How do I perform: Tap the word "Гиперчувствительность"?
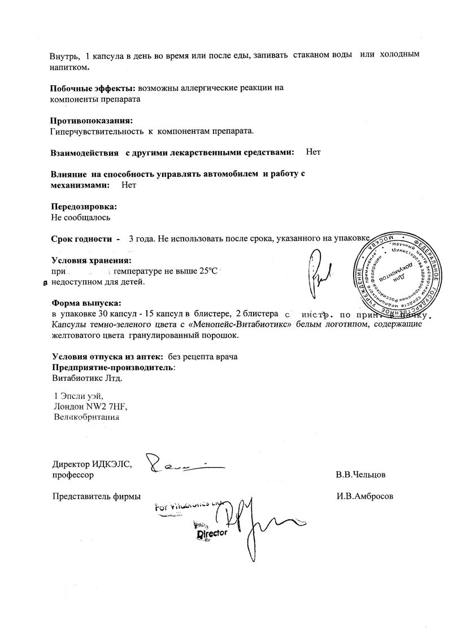point(96,132)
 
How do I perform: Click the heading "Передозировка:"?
point(85,206)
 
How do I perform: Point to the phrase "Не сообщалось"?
point(81,217)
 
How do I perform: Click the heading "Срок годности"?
point(82,239)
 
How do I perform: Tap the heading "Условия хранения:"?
point(91,261)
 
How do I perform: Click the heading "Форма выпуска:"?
point(86,302)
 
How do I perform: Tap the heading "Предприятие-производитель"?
point(112,367)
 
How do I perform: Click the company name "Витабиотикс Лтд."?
point(86,378)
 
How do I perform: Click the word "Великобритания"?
point(86,418)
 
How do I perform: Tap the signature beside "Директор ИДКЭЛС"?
point(184,465)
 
